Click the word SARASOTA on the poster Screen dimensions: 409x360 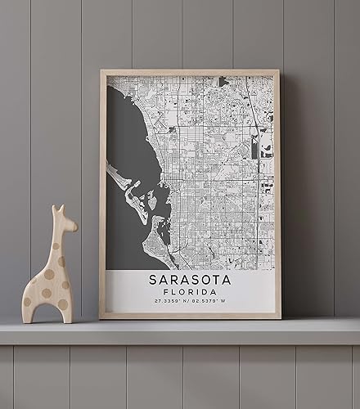coord(190,280)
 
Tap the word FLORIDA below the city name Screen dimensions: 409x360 coord(190,292)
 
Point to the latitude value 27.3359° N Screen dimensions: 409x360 coord(170,302)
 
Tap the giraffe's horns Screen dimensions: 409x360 coord(57,209)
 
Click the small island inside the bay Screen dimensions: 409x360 coord(152,200)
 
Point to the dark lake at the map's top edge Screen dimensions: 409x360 coord(223,81)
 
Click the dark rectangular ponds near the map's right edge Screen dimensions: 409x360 coord(266,150)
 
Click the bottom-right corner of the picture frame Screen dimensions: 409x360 coord(279,317)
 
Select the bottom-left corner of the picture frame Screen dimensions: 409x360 coord(101,317)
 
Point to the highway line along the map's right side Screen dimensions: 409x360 coord(259,164)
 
